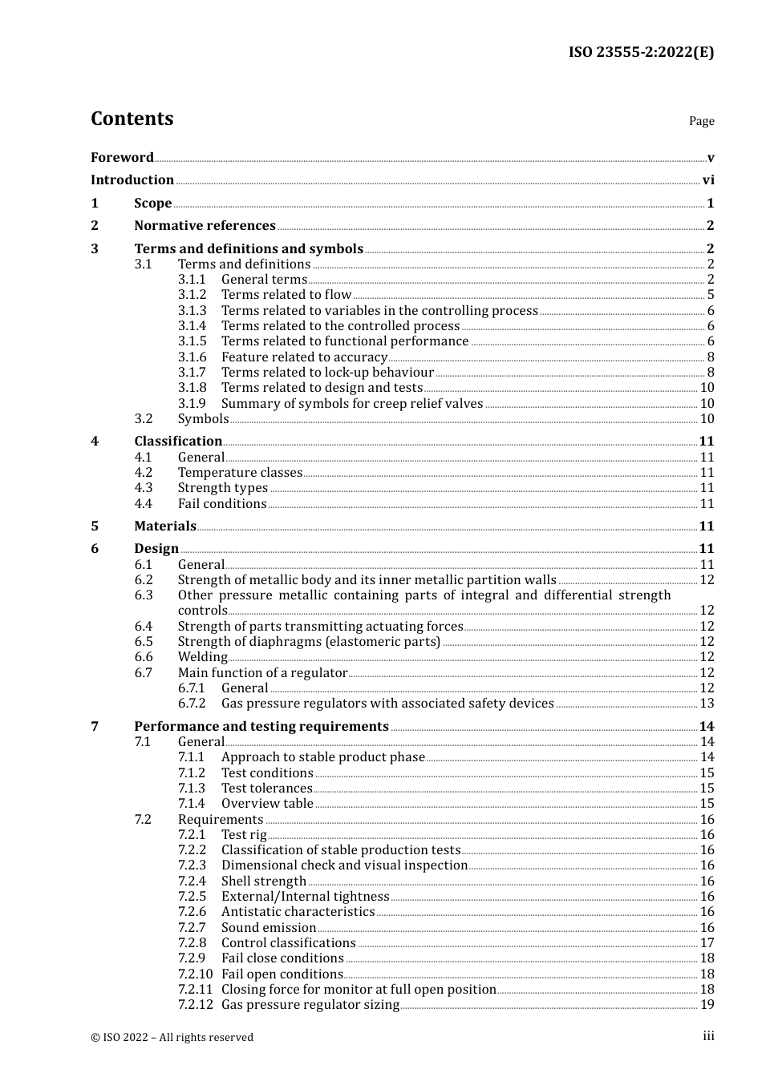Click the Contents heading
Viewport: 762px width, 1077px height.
pos(132,119)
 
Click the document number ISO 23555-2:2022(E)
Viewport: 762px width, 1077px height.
pos(641,52)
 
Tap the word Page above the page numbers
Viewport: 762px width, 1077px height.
pos(701,121)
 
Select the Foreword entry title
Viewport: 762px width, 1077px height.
pos(122,158)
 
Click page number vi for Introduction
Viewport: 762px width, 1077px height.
pos(708,180)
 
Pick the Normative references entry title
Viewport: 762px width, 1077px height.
pos(205,226)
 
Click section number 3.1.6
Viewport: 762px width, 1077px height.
pos(192,357)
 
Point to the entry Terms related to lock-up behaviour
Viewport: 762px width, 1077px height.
pos(327,373)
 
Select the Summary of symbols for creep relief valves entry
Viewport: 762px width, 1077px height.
pos(352,404)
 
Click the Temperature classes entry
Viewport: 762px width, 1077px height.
pos(240,473)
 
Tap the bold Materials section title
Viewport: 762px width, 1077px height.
pos(165,526)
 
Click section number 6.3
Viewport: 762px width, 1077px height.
pos(144,595)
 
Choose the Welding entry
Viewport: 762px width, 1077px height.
pos(202,657)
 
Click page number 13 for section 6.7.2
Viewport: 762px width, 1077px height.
pos(707,704)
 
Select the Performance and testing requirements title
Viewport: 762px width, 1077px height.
pos(261,727)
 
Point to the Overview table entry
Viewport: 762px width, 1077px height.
pos(267,804)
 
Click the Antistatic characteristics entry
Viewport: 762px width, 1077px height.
pos(298,912)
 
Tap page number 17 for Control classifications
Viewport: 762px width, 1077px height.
pos(707,943)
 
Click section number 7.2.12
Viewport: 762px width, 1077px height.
pos(195,1005)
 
